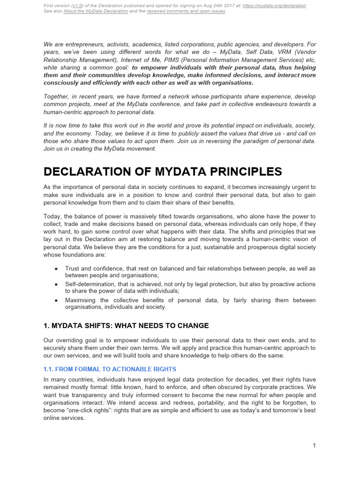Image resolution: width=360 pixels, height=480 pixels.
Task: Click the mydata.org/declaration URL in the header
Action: click(x=275, y=6)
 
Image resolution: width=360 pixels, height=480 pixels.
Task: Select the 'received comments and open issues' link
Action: click(x=186, y=11)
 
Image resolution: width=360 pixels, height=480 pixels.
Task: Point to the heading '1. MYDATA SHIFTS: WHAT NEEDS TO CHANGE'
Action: click(x=126, y=325)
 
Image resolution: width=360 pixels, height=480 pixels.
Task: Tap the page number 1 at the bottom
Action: click(x=314, y=445)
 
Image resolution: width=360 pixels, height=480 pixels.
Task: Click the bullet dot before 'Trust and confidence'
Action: click(x=56, y=269)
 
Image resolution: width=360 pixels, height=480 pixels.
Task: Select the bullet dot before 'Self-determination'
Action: click(x=56, y=285)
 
